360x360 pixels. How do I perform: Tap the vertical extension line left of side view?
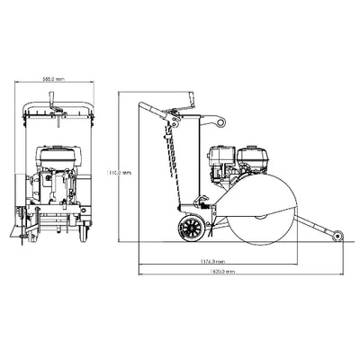139,180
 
